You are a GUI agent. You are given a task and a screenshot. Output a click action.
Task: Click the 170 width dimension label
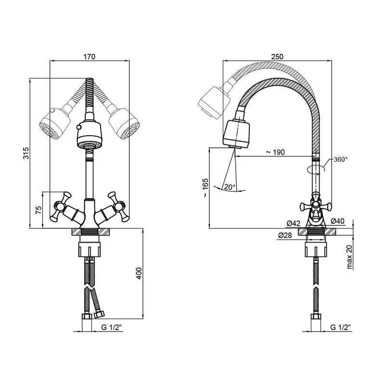click(90, 57)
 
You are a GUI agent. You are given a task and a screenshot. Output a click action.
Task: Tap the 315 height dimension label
click(26, 153)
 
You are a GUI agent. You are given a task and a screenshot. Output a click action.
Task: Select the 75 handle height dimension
click(39, 210)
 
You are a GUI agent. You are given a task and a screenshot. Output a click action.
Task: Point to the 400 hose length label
click(139, 273)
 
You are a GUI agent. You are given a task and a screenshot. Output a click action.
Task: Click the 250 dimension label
click(277, 57)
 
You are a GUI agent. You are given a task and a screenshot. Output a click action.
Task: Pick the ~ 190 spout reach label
click(275, 152)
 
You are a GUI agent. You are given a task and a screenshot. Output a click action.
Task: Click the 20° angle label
click(230, 187)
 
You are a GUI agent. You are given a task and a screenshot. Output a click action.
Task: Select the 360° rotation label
click(341, 160)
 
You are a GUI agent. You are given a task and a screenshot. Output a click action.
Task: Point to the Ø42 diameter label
click(294, 223)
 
